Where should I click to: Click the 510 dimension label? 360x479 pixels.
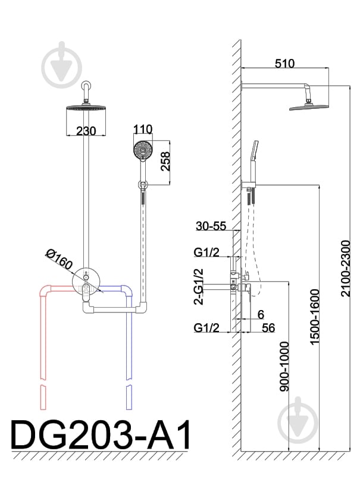coord(284,63)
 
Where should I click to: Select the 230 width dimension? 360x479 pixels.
coord(86,131)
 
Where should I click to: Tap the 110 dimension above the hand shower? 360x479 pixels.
coord(143,129)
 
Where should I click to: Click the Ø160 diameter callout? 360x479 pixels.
coord(59,259)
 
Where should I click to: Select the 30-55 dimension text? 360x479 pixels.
coord(211,226)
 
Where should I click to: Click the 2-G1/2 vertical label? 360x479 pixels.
coord(198,287)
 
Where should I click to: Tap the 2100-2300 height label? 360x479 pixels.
coord(345,268)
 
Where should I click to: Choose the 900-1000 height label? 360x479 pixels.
coord(284,367)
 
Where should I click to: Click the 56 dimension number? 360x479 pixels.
coord(268,328)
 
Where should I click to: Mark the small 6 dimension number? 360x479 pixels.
coord(261,314)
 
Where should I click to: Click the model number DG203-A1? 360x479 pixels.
coord(101,434)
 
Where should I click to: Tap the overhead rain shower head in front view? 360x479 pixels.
coord(86,108)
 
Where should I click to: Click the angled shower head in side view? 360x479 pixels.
coord(309,107)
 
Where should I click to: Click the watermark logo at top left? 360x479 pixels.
coord(62,65)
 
